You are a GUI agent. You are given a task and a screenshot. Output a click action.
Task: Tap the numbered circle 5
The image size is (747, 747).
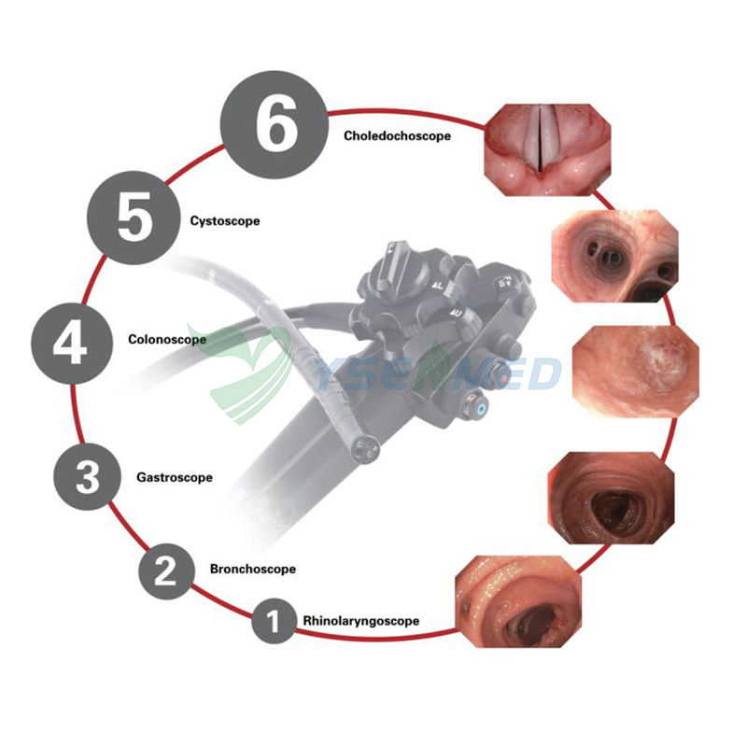pyautogui.click(x=134, y=220)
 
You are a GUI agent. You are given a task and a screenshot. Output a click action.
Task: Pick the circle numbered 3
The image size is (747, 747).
pyautogui.click(x=87, y=477)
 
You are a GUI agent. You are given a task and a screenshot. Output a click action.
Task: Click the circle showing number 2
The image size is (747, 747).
pyautogui.click(x=165, y=570)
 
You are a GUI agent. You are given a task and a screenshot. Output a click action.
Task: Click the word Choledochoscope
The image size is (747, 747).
pyautogui.click(x=397, y=135)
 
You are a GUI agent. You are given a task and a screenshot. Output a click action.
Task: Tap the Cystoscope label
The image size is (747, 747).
pyautogui.click(x=224, y=221)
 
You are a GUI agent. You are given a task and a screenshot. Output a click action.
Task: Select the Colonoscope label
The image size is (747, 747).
pyautogui.click(x=166, y=339)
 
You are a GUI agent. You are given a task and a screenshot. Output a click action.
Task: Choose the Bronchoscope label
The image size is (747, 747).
pyautogui.click(x=253, y=569)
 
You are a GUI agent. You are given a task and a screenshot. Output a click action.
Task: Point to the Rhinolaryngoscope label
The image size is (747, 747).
pyautogui.click(x=360, y=621)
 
